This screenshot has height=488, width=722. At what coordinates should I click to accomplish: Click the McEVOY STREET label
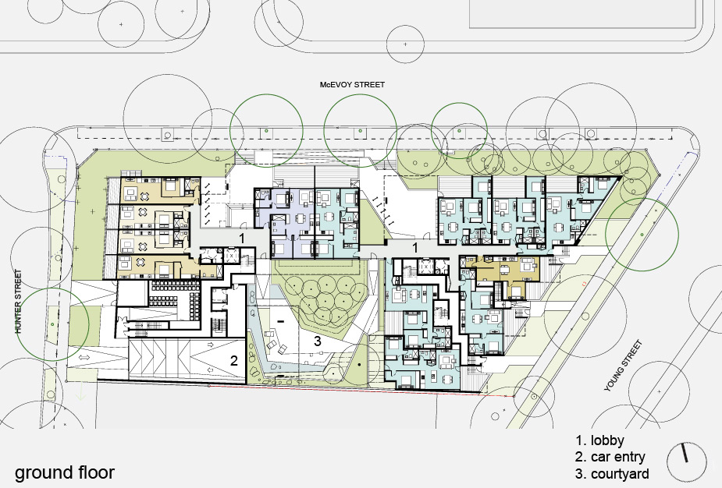(x=352, y=85)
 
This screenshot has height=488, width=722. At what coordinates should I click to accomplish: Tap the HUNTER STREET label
(x=19, y=301)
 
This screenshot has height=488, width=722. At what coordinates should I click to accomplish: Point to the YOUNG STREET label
(x=623, y=366)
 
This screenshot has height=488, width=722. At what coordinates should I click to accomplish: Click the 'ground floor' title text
(x=65, y=472)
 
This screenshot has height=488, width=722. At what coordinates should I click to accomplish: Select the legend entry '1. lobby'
(x=599, y=440)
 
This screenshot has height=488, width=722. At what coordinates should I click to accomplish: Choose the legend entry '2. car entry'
(x=610, y=457)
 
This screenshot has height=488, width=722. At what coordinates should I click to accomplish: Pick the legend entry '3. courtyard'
(x=612, y=474)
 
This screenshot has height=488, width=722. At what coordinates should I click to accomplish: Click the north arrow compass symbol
(x=686, y=461)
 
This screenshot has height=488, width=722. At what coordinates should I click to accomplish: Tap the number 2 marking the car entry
(x=234, y=361)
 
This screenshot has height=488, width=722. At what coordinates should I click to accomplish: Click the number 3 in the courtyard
(x=317, y=341)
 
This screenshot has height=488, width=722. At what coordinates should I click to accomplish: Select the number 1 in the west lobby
(x=242, y=239)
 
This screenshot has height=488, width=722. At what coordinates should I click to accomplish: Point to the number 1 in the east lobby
(x=415, y=248)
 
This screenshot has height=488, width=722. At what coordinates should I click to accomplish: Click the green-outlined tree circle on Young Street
(x=642, y=235)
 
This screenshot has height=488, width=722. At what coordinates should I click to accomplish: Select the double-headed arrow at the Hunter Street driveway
(x=84, y=357)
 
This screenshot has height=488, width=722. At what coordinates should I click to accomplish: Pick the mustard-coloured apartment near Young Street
(x=506, y=275)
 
